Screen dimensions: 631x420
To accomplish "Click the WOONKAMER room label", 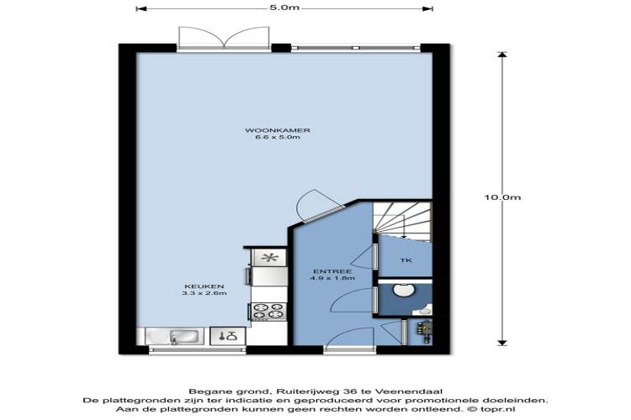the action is click(278, 130).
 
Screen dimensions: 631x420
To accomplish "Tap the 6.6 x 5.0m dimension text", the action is click(278, 137).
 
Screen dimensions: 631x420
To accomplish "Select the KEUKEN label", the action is click(204, 286).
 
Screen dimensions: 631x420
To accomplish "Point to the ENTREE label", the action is click(332, 271).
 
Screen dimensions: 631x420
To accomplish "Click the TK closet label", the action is click(406, 260).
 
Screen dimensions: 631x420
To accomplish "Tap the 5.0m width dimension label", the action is click(284, 8).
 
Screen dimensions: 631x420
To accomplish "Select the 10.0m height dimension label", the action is click(502, 197).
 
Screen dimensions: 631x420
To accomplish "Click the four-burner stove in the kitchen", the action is click(268, 312).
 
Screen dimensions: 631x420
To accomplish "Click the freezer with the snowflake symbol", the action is click(269, 258).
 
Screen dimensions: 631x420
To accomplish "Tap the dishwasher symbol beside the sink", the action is click(227, 336).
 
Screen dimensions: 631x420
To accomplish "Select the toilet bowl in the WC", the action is click(401, 290).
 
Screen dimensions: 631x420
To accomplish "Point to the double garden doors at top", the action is click(224, 37).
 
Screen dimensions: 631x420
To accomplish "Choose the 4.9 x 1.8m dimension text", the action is click(332, 278).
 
